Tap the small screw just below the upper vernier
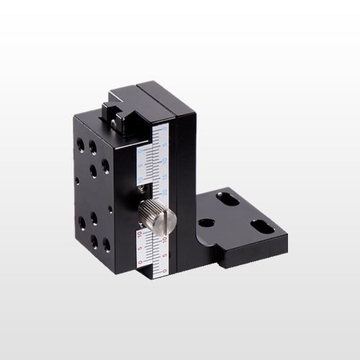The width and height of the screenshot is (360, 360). click(141, 190)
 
